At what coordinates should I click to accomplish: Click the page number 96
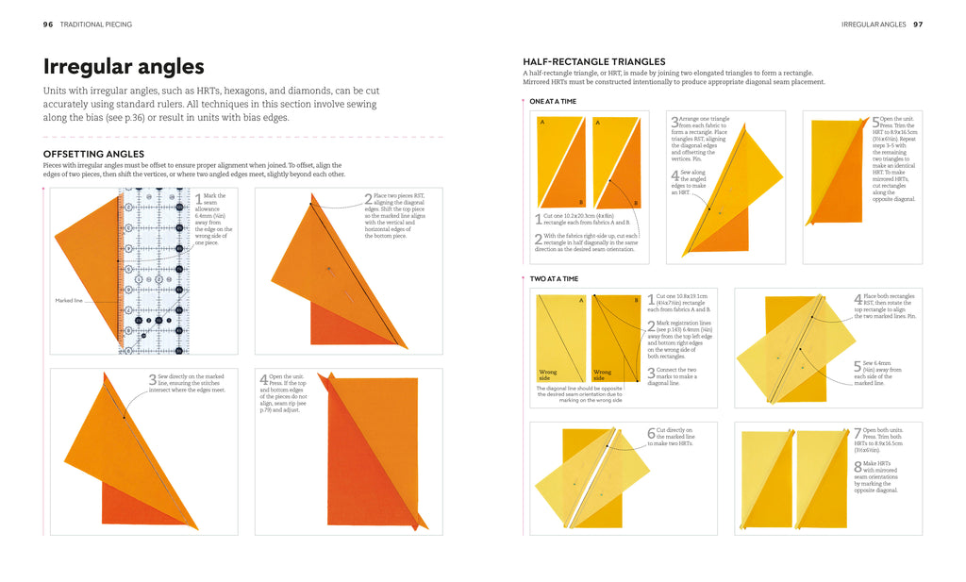pyautogui.click(x=48, y=25)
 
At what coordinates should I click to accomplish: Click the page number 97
pyautogui.click(x=918, y=25)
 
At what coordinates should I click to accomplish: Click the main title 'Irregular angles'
pyautogui.click(x=124, y=67)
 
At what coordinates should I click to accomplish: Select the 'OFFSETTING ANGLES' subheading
pyautogui.click(x=93, y=154)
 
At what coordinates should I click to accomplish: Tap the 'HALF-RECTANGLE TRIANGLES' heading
pyautogui.click(x=594, y=62)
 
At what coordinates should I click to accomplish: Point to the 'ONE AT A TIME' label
pyautogui.click(x=554, y=101)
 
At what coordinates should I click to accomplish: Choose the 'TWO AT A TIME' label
pyautogui.click(x=554, y=279)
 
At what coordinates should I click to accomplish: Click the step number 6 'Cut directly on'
pyautogui.click(x=651, y=434)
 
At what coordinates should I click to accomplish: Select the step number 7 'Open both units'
pyautogui.click(x=858, y=434)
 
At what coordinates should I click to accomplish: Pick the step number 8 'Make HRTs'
pyautogui.click(x=858, y=466)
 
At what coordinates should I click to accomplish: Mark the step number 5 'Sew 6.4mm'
pyautogui.click(x=858, y=367)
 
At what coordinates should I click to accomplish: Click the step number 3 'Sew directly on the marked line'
pyautogui.click(x=153, y=380)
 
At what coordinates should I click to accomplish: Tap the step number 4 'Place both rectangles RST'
pyautogui.click(x=858, y=300)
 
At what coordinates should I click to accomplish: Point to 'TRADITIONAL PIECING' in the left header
pyautogui.click(x=96, y=25)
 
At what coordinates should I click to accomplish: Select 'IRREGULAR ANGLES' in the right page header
pyautogui.click(x=874, y=25)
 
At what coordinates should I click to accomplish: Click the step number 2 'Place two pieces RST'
pyautogui.click(x=369, y=199)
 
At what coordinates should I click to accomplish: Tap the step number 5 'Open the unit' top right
pyautogui.click(x=875, y=123)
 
